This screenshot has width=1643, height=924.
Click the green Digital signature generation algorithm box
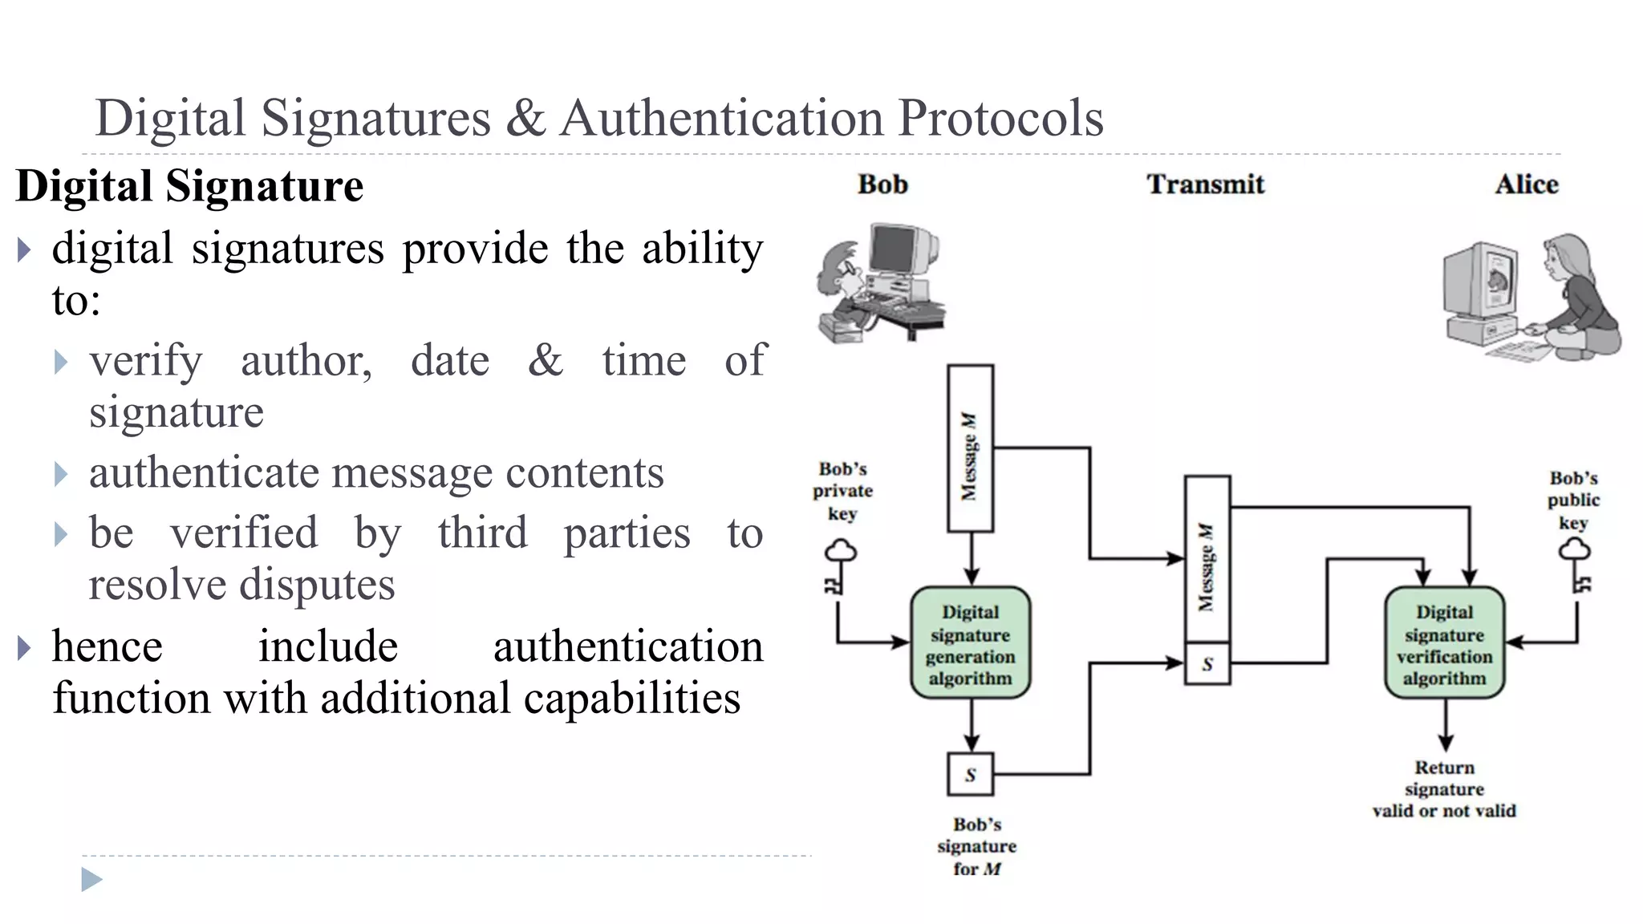tap(970, 643)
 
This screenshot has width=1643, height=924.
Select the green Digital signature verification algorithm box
tap(1444, 643)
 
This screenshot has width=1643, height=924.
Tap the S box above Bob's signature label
tap(970, 775)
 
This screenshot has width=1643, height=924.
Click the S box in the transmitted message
tap(1207, 664)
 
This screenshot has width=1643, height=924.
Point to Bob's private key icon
tap(839, 568)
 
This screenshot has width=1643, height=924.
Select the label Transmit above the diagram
tap(1205, 184)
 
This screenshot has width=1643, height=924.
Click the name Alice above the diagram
tap(1526, 184)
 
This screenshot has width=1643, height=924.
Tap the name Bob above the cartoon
tap(882, 184)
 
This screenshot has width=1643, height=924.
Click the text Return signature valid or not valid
tap(1444, 789)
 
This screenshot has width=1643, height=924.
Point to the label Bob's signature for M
tap(976, 846)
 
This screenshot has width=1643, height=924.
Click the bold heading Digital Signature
tap(190, 186)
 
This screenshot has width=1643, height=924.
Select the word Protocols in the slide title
tap(1000, 118)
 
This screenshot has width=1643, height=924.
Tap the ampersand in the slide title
tap(525, 118)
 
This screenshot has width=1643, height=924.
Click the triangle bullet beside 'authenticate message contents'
tap(61, 474)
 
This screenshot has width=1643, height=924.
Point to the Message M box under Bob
tap(970, 449)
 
